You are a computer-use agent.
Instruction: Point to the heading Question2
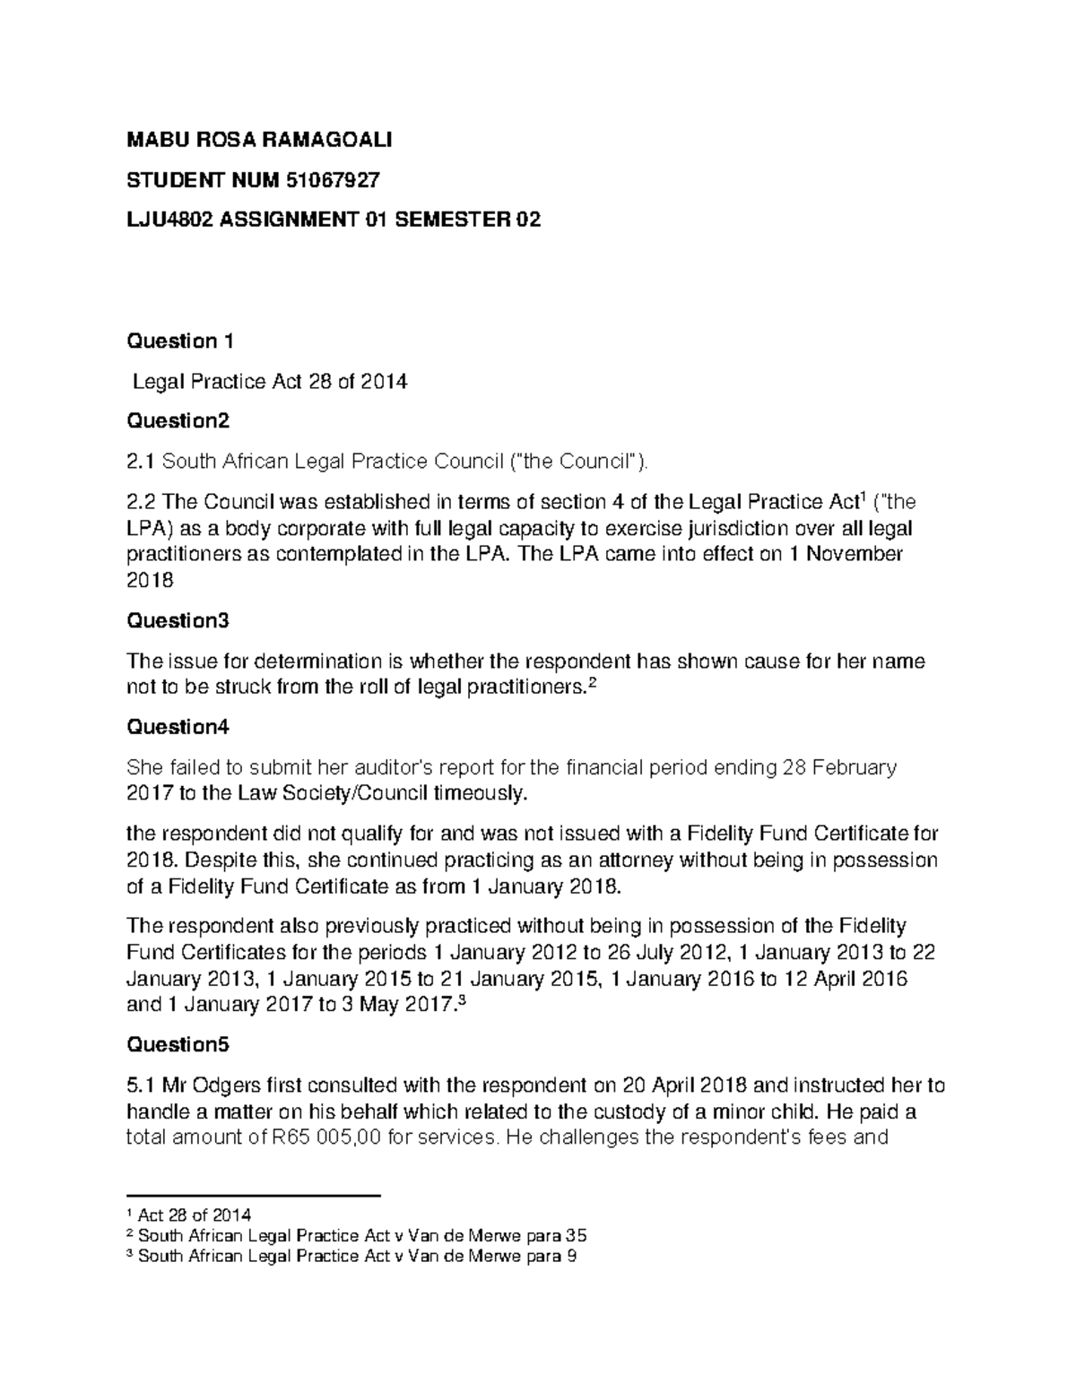click(178, 420)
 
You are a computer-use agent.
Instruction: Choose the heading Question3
click(178, 620)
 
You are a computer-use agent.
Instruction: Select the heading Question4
click(178, 727)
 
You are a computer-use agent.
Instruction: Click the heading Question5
click(178, 1044)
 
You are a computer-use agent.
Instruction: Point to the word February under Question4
click(847, 767)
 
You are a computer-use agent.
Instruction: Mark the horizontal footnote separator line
click(255, 1196)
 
